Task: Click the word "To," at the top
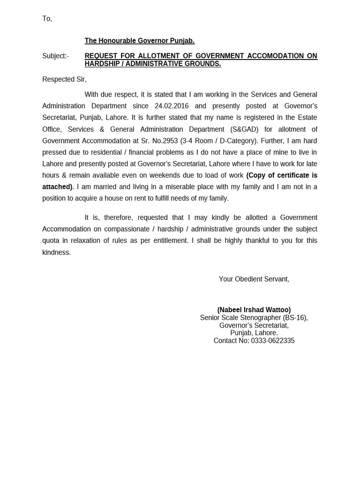click(47, 19)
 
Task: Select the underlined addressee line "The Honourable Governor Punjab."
click(139, 41)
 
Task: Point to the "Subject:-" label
click(55, 56)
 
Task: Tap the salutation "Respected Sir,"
click(64, 80)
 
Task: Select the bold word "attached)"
click(57, 187)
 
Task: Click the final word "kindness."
click(56, 252)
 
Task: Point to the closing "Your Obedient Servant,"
click(254, 279)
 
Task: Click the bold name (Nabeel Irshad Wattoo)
click(254, 310)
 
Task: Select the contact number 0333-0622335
click(272, 341)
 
